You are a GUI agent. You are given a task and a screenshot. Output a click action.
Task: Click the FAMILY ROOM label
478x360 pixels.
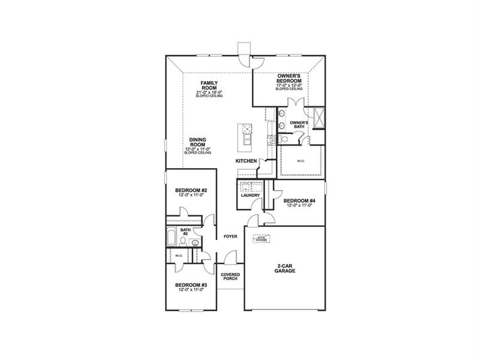coord(209,85)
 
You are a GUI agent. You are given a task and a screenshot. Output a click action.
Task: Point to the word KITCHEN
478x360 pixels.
coord(246,161)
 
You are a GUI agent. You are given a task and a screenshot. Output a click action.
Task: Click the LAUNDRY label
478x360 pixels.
coord(249,195)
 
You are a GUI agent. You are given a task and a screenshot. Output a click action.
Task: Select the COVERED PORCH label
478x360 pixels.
coord(230,277)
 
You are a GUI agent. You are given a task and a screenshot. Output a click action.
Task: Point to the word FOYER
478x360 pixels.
coord(230,236)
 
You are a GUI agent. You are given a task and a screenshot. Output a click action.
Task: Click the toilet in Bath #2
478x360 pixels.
coord(195,242)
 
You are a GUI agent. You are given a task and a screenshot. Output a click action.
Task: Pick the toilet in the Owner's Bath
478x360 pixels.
coord(284,139)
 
